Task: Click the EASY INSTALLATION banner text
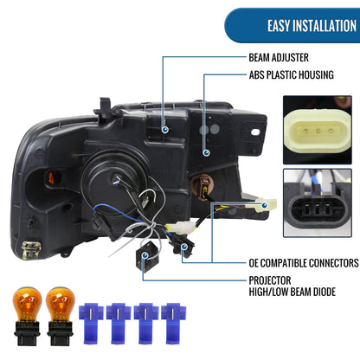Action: click(x=312, y=26)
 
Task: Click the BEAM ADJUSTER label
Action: click(x=279, y=57)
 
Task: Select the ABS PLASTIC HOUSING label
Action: click(x=292, y=74)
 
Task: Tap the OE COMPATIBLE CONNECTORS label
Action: click(x=304, y=263)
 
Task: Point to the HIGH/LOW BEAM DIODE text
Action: click(x=292, y=292)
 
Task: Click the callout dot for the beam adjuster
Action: click(x=165, y=130)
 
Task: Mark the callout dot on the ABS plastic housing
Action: click(x=206, y=153)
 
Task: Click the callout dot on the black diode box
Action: click(x=145, y=255)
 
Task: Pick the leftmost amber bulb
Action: click(x=28, y=316)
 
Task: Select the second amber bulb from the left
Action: click(x=61, y=316)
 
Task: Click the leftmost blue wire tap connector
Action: click(x=91, y=323)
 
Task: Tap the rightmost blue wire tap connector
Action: click(x=174, y=323)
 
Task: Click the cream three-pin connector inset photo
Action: click(x=318, y=130)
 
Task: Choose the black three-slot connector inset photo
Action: click(x=318, y=202)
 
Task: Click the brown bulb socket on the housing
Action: click(x=204, y=184)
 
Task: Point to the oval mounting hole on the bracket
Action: click(x=255, y=132)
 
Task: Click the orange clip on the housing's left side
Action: click(x=51, y=178)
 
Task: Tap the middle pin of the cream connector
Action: click(x=318, y=132)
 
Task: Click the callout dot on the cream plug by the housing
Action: click(x=265, y=205)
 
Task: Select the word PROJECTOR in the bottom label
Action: click(x=270, y=280)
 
